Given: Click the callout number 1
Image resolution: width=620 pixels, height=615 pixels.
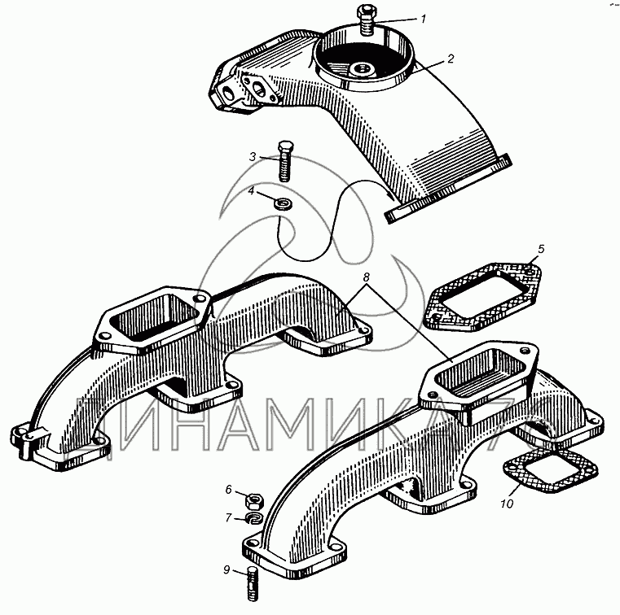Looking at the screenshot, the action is pos(424,19).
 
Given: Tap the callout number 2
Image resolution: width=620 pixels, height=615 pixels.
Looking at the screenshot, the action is pos(451,59).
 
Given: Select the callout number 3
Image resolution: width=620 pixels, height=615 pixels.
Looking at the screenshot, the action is pos(253,157).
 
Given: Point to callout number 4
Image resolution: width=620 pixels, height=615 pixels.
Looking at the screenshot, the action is pos(252,191).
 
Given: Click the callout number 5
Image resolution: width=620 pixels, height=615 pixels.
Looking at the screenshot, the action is pos(541,249).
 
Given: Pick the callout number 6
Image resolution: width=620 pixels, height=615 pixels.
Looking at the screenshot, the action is pos(229,490).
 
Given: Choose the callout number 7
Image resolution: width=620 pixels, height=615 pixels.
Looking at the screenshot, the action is pos(228,517).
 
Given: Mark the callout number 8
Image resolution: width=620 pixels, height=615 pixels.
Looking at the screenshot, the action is pos(367,277).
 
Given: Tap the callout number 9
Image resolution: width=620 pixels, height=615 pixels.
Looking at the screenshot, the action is pos(226,569).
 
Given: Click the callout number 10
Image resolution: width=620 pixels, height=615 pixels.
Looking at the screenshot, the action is pos(507,504).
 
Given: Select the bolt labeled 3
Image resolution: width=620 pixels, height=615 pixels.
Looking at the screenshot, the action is pos(284,161).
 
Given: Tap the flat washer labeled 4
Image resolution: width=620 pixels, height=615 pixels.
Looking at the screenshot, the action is pos(283,204).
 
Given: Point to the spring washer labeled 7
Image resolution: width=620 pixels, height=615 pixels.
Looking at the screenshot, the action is pos(254,518).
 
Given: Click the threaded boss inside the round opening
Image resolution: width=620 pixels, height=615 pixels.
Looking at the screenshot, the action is pos(363,69).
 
